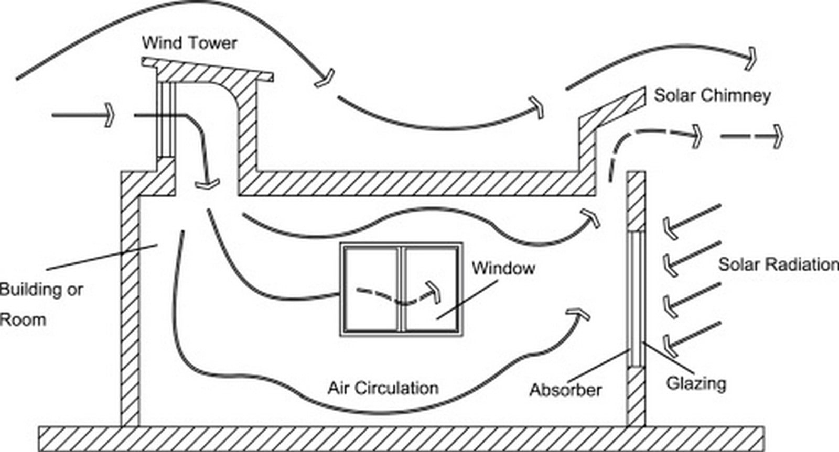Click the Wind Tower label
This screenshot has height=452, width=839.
pyautogui.click(x=189, y=43)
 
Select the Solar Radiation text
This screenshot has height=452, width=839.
pyautogui.click(x=778, y=264)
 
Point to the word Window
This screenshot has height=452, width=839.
pyautogui.click(x=503, y=268)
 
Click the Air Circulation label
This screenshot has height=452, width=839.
pyautogui.click(x=383, y=388)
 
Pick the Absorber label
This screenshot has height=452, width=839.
pyautogui.click(x=566, y=390)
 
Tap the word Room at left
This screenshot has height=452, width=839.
pyautogui.click(x=23, y=321)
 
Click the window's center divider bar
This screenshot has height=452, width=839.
pyautogui.click(x=402, y=289)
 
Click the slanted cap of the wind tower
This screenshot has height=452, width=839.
pyautogui.click(x=207, y=70)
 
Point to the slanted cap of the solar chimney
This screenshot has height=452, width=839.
pyautogui.click(x=612, y=107)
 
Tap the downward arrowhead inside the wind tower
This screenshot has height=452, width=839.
pyautogui.click(x=207, y=184)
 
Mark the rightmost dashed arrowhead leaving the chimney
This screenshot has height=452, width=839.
pyautogui.click(x=778, y=137)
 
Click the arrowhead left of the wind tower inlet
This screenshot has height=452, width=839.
pyautogui.click(x=109, y=115)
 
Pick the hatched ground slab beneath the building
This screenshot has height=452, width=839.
pyautogui.click(x=402, y=439)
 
